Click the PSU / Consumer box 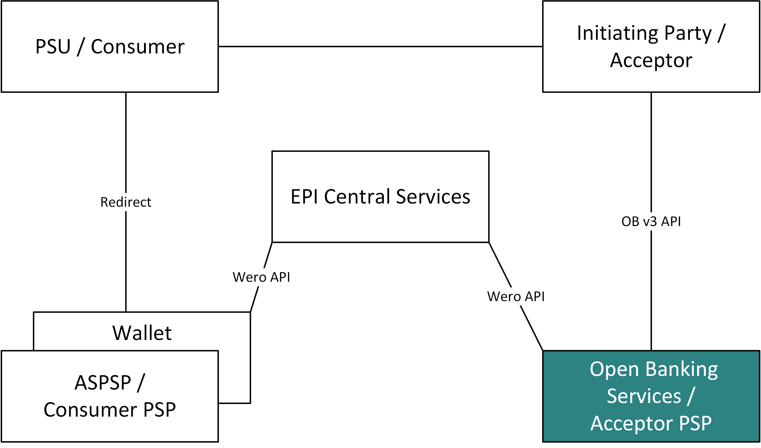click(x=110, y=46)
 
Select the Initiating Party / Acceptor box click(x=651, y=46)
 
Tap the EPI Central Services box click(x=380, y=196)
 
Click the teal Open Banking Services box click(x=651, y=396)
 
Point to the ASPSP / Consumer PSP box click(x=110, y=396)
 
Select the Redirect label click(x=126, y=202)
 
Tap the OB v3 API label click(x=651, y=221)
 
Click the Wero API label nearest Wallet click(x=261, y=277)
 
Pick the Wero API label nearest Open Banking click(x=516, y=296)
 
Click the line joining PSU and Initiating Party click(x=380, y=46)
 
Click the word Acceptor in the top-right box click(x=651, y=60)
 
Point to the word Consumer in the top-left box click(x=138, y=47)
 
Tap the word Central click(x=357, y=196)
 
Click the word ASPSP click(x=103, y=383)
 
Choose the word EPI click(x=304, y=196)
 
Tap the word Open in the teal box click(x=614, y=370)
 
